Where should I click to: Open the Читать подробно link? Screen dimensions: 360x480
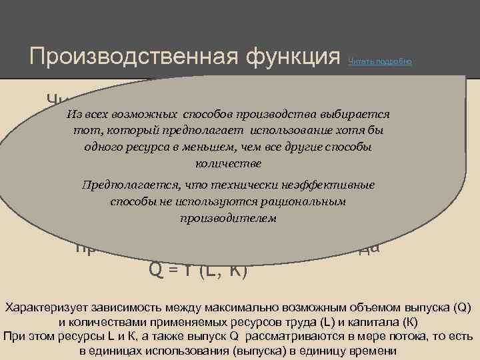[x=380, y=61]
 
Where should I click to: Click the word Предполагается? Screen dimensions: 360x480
[x=124, y=185]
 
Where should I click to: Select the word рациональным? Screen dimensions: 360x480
[x=309, y=201]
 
